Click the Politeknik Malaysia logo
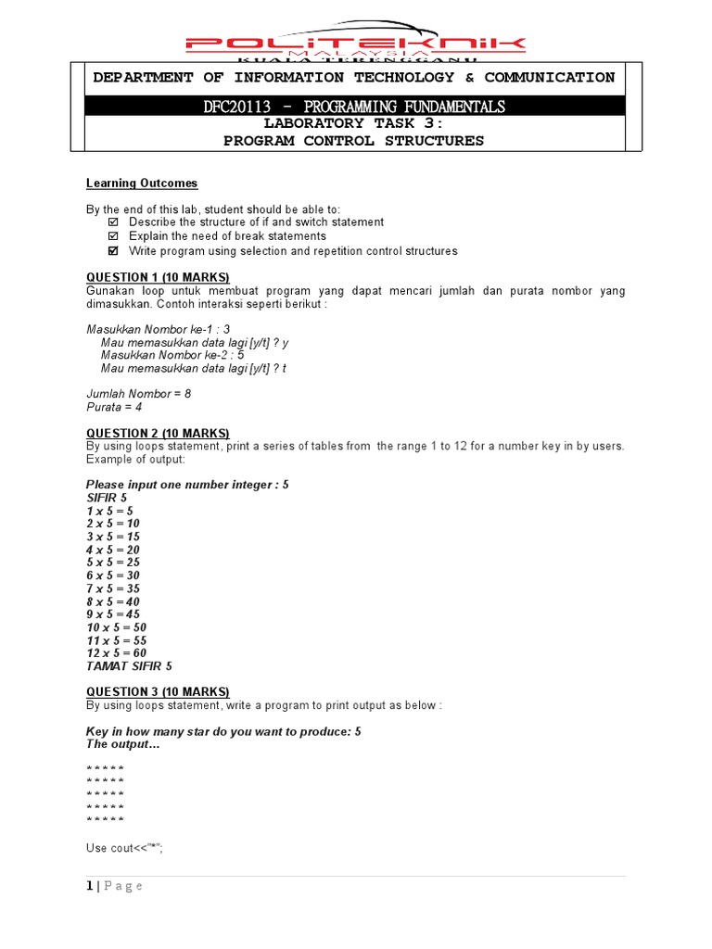pyautogui.click(x=355, y=43)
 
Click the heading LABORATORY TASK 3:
pyautogui.click(x=353, y=124)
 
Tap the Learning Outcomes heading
pyautogui.click(x=142, y=183)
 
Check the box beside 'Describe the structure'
pyautogui.click(x=113, y=223)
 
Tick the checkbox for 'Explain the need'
pyautogui.click(x=113, y=237)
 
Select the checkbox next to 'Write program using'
pyautogui.click(x=113, y=251)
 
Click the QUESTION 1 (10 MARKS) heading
pyautogui.click(x=158, y=278)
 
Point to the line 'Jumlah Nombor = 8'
pyautogui.click(x=139, y=394)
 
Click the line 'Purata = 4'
pyautogui.click(x=115, y=407)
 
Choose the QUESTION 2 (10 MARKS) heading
pyautogui.click(x=158, y=434)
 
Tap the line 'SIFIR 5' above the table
pyautogui.click(x=107, y=498)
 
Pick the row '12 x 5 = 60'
pyautogui.click(x=116, y=653)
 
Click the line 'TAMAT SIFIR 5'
pyautogui.click(x=129, y=666)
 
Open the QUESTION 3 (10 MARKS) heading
pyautogui.click(x=158, y=692)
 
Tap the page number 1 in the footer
pyautogui.click(x=90, y=886)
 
